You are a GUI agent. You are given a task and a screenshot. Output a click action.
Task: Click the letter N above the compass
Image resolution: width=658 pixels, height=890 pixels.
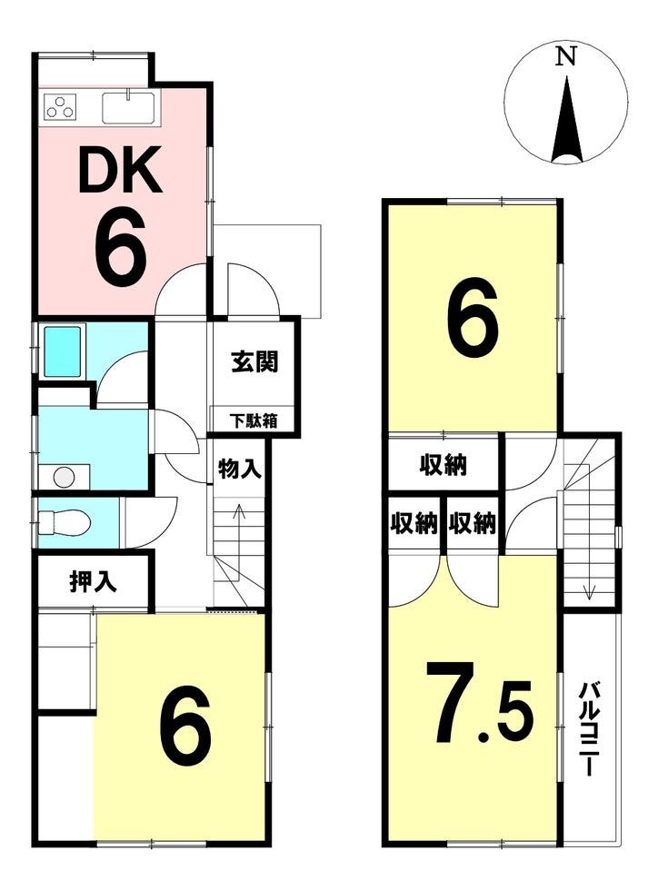(x=565, y=56)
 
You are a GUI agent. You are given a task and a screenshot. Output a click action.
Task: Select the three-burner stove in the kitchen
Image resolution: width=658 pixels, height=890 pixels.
(x=60, y=107)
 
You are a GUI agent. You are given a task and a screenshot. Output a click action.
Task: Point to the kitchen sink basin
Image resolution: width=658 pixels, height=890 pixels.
(x=128, y=108)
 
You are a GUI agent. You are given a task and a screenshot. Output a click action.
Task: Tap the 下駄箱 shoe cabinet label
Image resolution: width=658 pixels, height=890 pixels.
(x=254, y=421)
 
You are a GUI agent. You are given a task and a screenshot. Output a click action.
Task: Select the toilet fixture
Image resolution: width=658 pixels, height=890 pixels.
(x=64, y=521)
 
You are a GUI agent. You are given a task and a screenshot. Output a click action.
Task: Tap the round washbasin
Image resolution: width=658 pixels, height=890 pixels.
(x=64, y=477)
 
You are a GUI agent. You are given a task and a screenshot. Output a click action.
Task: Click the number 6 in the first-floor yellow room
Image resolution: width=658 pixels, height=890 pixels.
(x=185, y=729)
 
